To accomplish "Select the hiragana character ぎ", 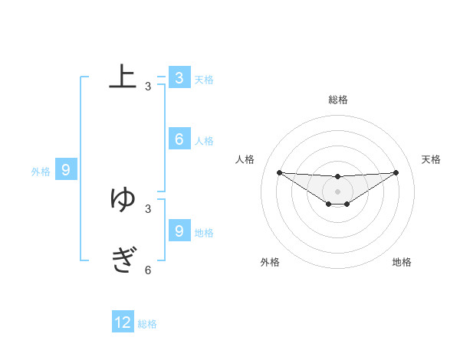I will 123,260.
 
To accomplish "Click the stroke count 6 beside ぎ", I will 148,270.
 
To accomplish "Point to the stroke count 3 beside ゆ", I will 148,208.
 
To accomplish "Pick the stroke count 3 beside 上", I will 148,87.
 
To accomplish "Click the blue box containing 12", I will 123,322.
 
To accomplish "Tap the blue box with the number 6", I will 179,139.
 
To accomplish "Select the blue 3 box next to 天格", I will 179,77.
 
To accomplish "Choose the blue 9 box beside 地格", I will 179,230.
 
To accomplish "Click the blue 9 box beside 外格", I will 66,170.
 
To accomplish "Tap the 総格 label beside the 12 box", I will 147,324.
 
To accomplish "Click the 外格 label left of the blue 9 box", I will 41,172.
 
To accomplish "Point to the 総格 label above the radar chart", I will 338,100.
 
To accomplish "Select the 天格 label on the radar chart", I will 431,159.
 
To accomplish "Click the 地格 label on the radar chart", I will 402,262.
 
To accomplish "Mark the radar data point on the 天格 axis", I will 396,172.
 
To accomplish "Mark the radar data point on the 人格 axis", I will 279,172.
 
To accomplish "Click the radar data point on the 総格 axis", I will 337,177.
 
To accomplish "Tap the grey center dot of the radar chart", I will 337,191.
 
